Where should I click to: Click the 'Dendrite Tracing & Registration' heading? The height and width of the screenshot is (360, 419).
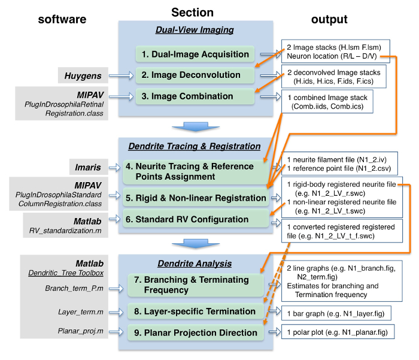pos(195,146)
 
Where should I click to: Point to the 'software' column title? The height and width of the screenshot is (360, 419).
pos(62,20)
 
